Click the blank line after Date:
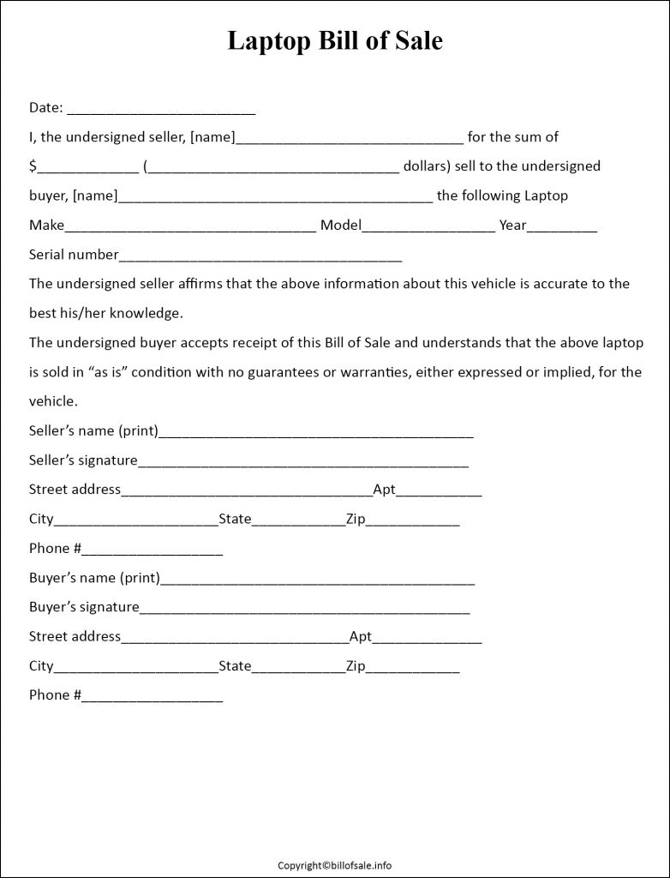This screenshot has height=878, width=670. [161, 110]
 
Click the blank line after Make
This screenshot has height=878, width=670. [190, 227]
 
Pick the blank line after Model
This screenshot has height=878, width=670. [428, 227]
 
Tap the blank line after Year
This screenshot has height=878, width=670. [562, 227]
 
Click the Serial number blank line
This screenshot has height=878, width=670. [260, 256]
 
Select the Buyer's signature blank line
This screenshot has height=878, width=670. [304, 609]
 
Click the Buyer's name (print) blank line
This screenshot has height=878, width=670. [317, 580]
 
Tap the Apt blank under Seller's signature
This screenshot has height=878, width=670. [439, 492]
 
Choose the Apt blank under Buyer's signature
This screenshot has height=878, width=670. [427, 639]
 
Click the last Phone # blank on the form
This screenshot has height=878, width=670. [153, 697]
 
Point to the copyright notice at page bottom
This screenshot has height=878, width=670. [335, 865]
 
